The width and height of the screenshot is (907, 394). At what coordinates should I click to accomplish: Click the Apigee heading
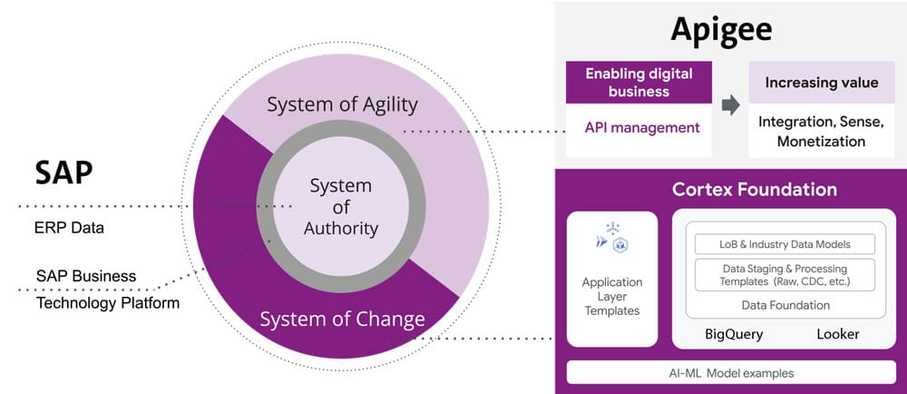coord(721,29)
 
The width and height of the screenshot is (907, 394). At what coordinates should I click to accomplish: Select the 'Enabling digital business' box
coord(639,83)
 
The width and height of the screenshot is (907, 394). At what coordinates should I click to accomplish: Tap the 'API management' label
coord(642,127)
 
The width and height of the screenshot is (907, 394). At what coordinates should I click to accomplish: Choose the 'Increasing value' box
coord(821,83)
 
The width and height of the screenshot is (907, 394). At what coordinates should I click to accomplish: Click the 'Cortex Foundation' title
coord(754,190)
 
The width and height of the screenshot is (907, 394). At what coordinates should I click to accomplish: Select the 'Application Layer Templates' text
coord(611,296)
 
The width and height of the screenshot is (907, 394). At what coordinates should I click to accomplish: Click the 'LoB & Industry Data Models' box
coord(785,244)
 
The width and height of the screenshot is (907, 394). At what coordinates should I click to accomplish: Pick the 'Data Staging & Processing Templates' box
coord(785,275)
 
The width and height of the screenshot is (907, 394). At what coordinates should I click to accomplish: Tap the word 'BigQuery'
coord(734,334)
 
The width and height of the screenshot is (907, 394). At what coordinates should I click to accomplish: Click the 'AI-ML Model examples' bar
coord(730,373)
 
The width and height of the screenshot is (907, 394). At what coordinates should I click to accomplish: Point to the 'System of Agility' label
coord(342,104)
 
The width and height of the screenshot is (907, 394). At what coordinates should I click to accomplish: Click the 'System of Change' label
coord(342,319)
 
